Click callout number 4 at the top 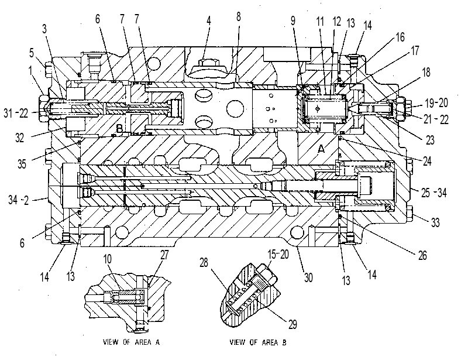click(x=209, y=20)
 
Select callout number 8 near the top click(x=238, y=17)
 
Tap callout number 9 click(x=293, y=20)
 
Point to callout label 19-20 click(x=436, y=103)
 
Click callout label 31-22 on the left click(x=16, y=113)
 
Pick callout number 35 click(x=22, y=164)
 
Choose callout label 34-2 click(x=19, y=200)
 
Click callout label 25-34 click(x=433, y=193)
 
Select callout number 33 click(x=435, y=222)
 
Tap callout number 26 click(x=422, y=255)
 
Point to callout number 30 click(x=308, y=277)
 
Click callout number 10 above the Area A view click(x=108, y=259)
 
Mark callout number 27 click(x=164, y=255)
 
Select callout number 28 click(x=204, y=263)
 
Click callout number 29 click(x=292, y=324)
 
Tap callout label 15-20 click(x=278, y=254)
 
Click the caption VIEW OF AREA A click(x=131, y=342)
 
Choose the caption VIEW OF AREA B click(x=258, y=342)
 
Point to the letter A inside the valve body click(x=321, y=149)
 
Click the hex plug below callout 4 click(x=209, y=63)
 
